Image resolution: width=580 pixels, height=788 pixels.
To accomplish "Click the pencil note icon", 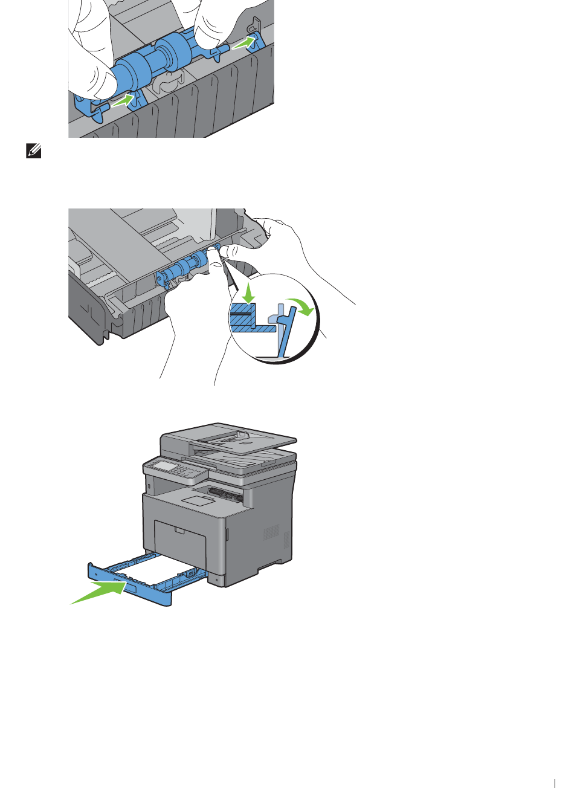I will click(x=34, y=151).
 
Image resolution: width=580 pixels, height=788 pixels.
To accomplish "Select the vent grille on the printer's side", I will click(x=271, y=533).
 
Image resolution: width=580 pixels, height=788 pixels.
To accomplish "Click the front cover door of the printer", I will click(x=180, y=541).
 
